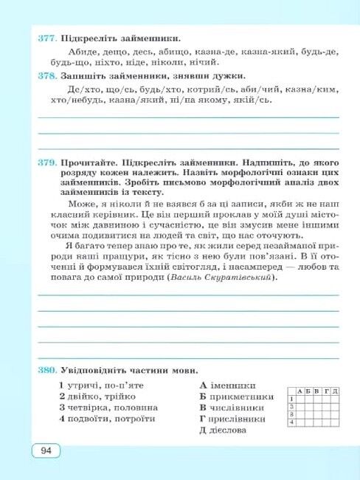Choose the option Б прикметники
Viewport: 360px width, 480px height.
[x=236, y=396]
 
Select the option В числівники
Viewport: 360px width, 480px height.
[x=235, y=407]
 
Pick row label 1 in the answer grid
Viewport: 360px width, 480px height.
[x=291, y=398]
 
